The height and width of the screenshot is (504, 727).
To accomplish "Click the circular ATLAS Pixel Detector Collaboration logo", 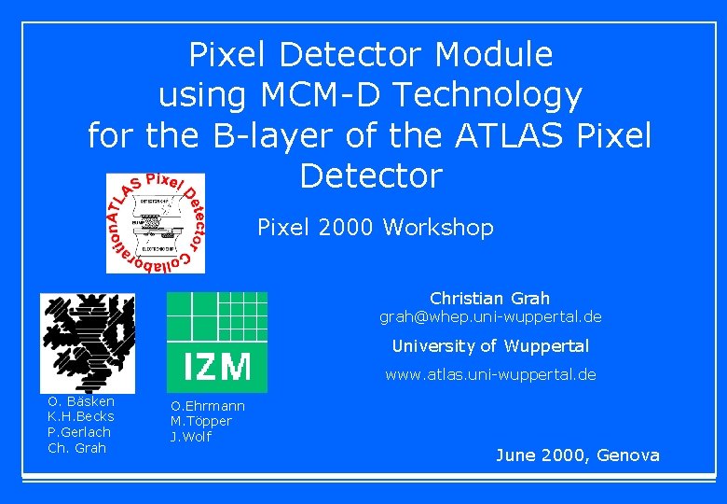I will click(x=156, y=223).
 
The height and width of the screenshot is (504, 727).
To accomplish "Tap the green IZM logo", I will click(x=216, y=342).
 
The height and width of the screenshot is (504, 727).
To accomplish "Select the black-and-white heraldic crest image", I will click(x=87, y=343).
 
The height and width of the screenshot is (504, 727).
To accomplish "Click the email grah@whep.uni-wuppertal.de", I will click(x=490, y=317).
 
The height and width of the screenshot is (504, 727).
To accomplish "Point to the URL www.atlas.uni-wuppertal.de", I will click(x=490, y=374).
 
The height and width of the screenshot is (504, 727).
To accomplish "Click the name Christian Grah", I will click(x=489, y=299).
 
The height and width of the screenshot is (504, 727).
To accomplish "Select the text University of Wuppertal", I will click(x=490, y=346).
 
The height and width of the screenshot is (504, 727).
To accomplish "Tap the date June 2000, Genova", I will click(x=577, y=455).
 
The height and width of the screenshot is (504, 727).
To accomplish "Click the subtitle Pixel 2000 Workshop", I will click(x=375, y=227).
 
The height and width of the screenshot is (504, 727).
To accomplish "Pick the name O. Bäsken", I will click(x=81, y=400).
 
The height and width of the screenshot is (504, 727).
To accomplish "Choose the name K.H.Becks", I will click(x=80, y=416).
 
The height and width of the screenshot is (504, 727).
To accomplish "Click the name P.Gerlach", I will click(x=78, y=432).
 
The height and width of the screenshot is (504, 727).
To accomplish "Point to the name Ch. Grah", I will click(x=76, y=448).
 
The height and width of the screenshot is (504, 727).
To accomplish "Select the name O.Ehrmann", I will click(x=207, y=406).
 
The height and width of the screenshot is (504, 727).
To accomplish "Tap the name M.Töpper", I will click(x=200, y=421).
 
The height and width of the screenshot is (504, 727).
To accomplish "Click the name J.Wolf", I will click(x=190, y=437).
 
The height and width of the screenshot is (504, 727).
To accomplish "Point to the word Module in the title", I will click(x=494, y=55).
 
